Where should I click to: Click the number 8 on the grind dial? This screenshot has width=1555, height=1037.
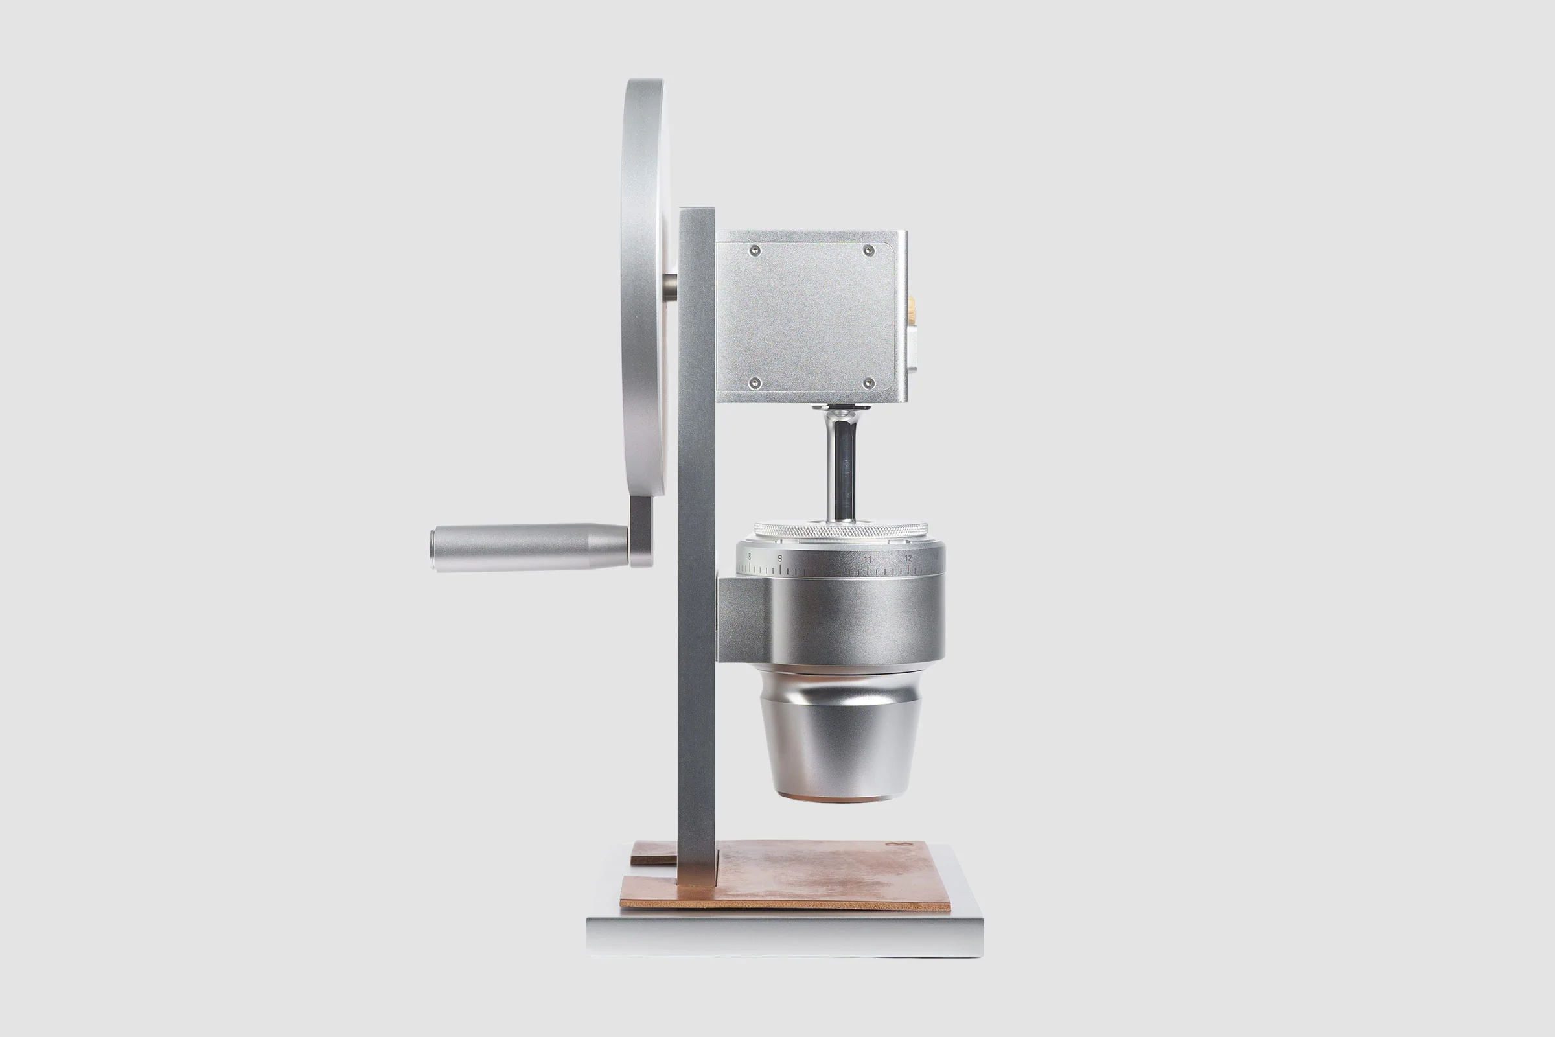(x=749, y=557)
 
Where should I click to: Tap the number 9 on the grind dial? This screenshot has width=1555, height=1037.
(x=779, y=559)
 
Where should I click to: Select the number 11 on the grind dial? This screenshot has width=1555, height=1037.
(x=867, y=559)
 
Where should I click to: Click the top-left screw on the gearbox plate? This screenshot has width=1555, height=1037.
(x=756, y=250)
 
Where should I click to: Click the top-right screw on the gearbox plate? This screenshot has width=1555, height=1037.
(x=870, y=250)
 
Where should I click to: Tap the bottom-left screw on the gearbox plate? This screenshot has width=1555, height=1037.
(x=756, y=382)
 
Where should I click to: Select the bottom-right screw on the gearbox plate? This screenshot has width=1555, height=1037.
(x=870, y=382)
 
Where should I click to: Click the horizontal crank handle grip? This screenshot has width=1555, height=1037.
(x=529, y=548)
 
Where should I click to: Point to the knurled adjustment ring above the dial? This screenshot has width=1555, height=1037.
(x=840, y=530)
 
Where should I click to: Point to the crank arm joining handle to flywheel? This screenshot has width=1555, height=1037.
(x=641, y=529)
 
